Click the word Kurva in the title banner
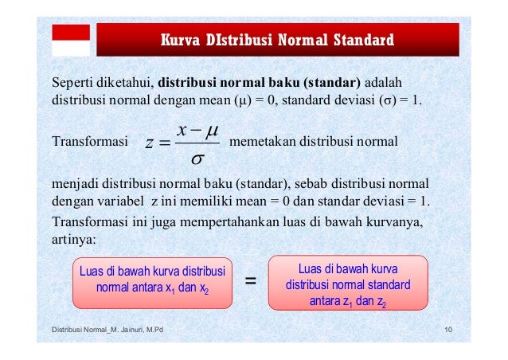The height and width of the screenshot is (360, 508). (x=181, y=38)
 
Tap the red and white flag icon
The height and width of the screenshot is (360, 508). (x=71, y=39)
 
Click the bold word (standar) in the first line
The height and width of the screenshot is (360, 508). (x=334, y=83)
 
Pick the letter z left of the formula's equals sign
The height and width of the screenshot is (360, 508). (x=150, y=143)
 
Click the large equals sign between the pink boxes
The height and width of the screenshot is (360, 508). (x=249, y=281)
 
